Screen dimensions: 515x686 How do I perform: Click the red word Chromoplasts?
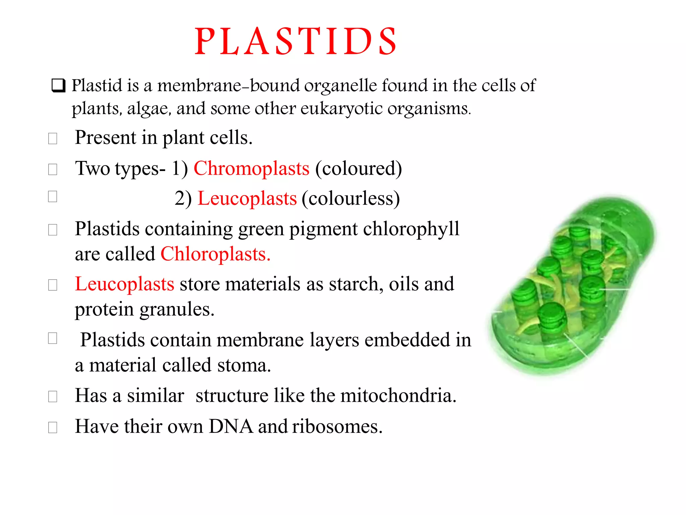(x=252, y=168)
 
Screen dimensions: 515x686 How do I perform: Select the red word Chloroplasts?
(x=215, y=254)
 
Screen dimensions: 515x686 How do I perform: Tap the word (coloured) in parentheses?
(x=358, y=168)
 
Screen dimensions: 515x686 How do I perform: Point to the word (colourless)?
(x=351, y=198)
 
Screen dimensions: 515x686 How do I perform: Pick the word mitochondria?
(x=398, y=395)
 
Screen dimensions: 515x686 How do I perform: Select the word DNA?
(x=231, y=426)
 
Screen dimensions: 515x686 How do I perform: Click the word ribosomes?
(x=337, y=426)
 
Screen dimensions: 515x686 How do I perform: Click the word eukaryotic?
(x=341, y=109)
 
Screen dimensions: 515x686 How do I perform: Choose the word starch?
(x=356, y=284)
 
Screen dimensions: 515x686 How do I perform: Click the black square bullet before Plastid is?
(x=58, y=85)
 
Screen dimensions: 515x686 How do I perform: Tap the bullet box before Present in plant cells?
(x=53, y=138)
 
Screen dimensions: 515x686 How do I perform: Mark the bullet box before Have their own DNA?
(x=53, y=427)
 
